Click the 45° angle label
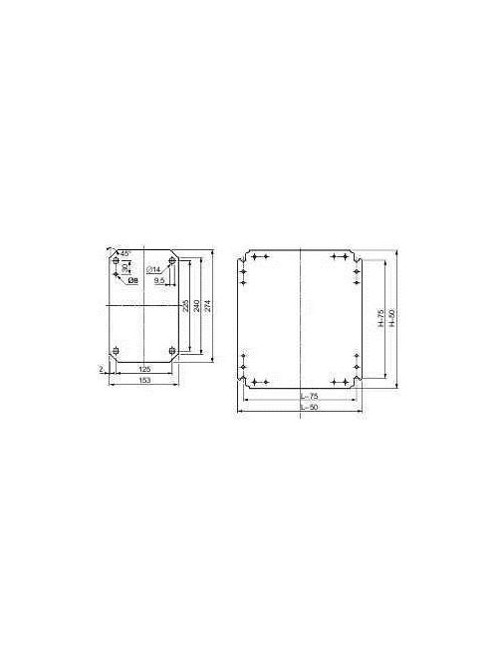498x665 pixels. tap(126, 252)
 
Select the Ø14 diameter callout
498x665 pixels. tap(154, 271)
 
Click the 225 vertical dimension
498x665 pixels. tap(184, 305)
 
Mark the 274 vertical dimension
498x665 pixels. tap(207, 305)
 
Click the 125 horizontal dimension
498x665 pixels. tap(144, 369)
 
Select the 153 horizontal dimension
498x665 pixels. tap(144, 381)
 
